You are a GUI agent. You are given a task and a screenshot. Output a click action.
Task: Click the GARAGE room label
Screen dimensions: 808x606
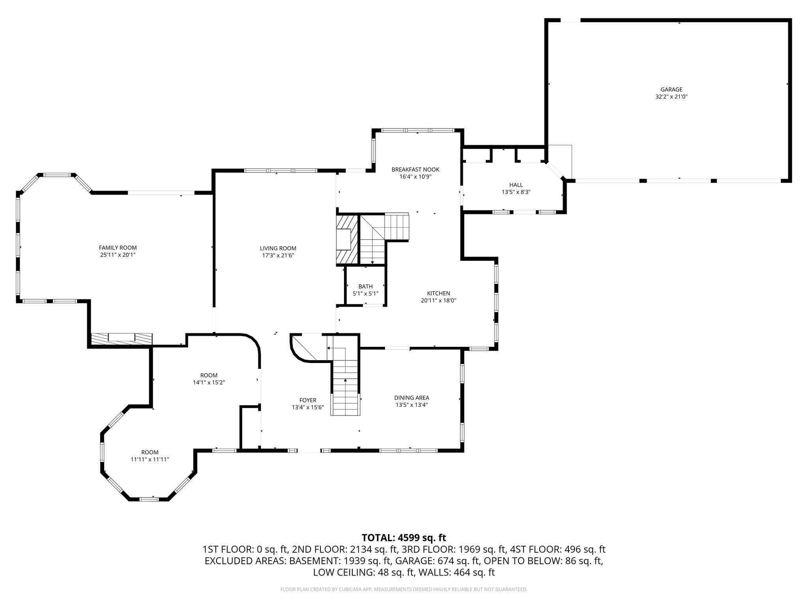click(x=671, y=90)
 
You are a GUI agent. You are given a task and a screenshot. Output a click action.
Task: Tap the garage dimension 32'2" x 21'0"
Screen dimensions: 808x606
click(x=671, y=97)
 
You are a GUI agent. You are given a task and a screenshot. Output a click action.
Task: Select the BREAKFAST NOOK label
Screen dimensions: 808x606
click(x=415, y=170)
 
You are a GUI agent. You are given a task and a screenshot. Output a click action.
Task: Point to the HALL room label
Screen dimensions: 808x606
click(x=516, y=185)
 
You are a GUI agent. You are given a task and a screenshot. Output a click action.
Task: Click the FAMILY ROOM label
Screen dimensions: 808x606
click(x=118, y=248)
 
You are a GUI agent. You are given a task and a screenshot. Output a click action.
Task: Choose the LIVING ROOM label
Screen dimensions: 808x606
click(x=278, y=248)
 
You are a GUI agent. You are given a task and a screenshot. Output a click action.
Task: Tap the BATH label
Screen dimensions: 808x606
click(x=365, y=286)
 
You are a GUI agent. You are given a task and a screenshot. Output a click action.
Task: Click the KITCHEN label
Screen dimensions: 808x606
click(x=438, y=293)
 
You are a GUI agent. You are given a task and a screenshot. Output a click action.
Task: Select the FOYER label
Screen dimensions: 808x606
click(x=308, y=400)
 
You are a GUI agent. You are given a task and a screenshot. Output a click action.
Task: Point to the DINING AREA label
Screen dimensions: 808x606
click(x=411, y=398)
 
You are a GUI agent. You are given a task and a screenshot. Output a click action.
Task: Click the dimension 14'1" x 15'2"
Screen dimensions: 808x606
click(x=209, y=382)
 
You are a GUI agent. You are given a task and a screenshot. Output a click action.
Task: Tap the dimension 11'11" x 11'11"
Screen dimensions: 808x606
click(x=150, y=459)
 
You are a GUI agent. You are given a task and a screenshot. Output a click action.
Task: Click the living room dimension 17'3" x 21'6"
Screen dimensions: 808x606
click(x=278, y=255)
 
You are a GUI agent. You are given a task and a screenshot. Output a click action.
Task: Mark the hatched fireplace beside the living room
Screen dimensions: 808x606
click(x=347, y=239)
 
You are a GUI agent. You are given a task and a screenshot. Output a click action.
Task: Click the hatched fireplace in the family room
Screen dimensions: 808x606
click(x=122, y=339)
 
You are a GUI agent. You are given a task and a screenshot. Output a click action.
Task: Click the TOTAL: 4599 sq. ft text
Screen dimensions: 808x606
click(x=404, y=538)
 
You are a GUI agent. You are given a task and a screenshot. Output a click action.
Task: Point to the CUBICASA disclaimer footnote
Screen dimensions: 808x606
click(x=404, y=589)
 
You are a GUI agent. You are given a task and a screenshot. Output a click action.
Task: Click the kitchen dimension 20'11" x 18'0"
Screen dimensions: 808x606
click(x=438, y=300)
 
